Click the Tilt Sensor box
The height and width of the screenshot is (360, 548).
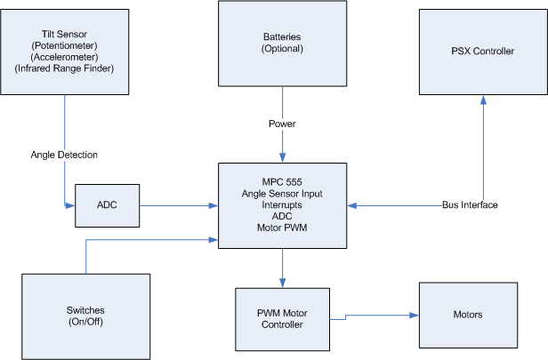point(63,45)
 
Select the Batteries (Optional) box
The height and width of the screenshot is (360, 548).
point(282,43)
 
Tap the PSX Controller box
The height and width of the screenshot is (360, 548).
point(482,51)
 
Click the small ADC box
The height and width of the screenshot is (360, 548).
point(107,205)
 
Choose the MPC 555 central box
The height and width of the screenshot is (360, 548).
point(282,204)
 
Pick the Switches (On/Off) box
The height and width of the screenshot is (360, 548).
point(85,316)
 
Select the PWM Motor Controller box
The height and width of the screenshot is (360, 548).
point(282,318)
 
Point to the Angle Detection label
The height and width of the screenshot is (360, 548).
point(65,155)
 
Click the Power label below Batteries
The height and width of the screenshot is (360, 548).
point(282,124)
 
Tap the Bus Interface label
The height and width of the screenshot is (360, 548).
point(469,205)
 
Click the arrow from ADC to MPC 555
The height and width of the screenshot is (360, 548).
point(178,205)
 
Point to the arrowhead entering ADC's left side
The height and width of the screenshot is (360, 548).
point(70,205)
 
